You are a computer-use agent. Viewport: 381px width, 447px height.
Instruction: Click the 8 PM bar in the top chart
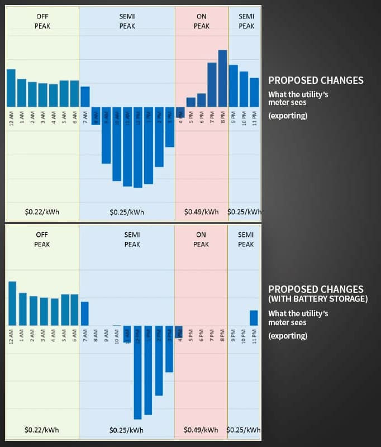pos(222,78)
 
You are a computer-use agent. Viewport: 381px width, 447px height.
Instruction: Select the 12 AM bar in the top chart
pos(11,88)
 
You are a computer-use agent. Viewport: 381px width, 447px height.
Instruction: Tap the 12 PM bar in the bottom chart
pos(137,372)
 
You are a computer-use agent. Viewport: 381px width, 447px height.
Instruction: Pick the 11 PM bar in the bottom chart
pos(254,318)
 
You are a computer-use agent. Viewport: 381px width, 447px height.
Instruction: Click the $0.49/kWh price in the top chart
pos(201,212)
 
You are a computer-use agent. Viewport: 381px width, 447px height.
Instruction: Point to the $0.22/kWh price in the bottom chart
pos(42,430)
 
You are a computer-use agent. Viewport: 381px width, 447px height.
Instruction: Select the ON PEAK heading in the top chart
pos(202,21)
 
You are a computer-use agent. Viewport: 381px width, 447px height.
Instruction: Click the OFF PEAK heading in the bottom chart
pos(42,239)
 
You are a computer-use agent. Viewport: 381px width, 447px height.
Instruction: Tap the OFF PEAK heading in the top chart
pos(42,21)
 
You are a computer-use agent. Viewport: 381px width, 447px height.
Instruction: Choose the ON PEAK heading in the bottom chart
pos(201,239)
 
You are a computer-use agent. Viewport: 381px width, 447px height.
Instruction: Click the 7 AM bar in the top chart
pos(85,97)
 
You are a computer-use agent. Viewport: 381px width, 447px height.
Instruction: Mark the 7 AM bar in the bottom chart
pos(85,313)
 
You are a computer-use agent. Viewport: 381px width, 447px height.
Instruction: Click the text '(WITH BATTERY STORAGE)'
pos(318,299)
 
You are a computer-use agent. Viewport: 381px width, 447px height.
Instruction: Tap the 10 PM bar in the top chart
pos(244,89)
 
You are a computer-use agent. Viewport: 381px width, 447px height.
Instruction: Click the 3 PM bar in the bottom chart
pos(169,349)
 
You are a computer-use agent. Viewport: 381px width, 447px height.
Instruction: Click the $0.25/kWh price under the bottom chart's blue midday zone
pos(127,430)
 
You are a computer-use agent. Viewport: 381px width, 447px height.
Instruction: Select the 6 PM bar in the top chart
pos(201,100)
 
